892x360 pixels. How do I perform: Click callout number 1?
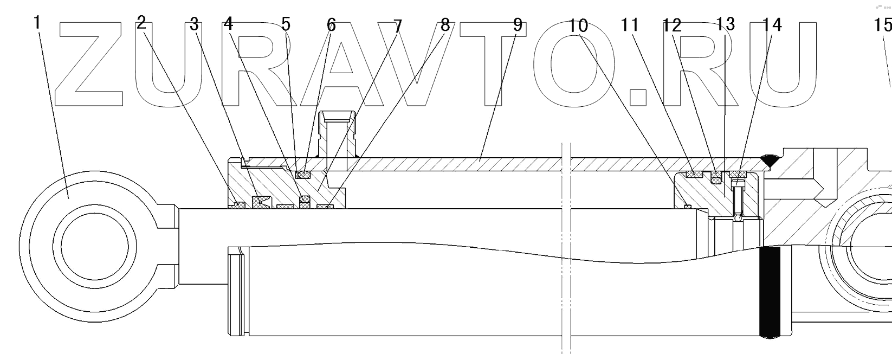click(37, 23)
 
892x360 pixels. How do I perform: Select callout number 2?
click(141, 23)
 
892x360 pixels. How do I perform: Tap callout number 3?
click(193, 24)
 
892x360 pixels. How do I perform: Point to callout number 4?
click(229, 24)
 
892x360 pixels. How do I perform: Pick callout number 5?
click(286, 24)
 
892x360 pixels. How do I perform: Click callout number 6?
click(331, 25)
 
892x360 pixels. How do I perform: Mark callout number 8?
click(444, 25)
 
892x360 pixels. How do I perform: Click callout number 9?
click(517, 25)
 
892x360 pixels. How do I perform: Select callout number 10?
click(578, 25)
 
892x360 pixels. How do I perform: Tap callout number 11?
click(630, 25)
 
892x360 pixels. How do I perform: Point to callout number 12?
click(671, 25)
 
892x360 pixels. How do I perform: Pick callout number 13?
click(725, 24)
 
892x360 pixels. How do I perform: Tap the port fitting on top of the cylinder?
click(337, 136)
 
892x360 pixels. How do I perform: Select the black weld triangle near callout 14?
click(768, 159)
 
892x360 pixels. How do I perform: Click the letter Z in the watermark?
click(95, 64)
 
